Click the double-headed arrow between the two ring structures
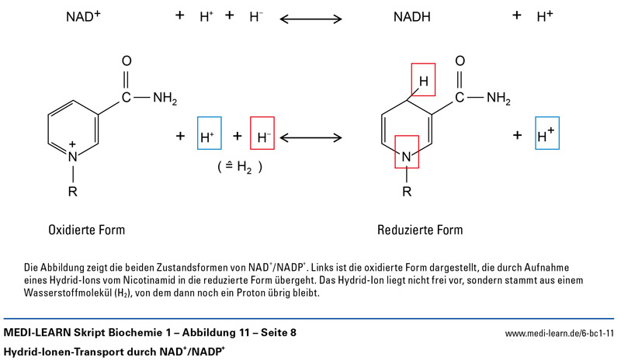(311, 137)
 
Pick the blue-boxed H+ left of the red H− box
(209, 137)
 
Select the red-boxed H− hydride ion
(263, 137)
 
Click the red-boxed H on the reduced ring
(423, 81)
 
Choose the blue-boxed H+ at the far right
(546, 136)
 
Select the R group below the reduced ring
(407, 192)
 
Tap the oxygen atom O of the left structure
(127, 62)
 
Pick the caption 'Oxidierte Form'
(86, 230)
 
